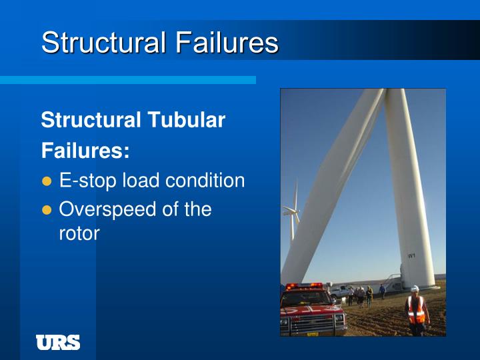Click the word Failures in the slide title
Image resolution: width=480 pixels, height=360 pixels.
pyautogui.click(x=227, y=43)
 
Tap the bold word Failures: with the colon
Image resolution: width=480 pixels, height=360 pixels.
pyautogui.click(x=85, y=151)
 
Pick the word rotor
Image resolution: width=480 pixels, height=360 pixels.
pyautogui.click(x=79, y=233)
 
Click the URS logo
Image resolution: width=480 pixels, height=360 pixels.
pyautogui.click(x=58, y=343)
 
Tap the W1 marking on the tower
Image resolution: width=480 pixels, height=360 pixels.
pyautogui.click(x=411, y=255)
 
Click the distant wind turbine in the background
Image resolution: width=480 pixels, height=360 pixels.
pyautogui.click(x=291, y=213)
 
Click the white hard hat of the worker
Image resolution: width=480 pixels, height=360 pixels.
pyautogui.click(x=415, y=289)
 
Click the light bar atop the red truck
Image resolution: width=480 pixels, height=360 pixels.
pyautogui.click(x=304, y=285)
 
